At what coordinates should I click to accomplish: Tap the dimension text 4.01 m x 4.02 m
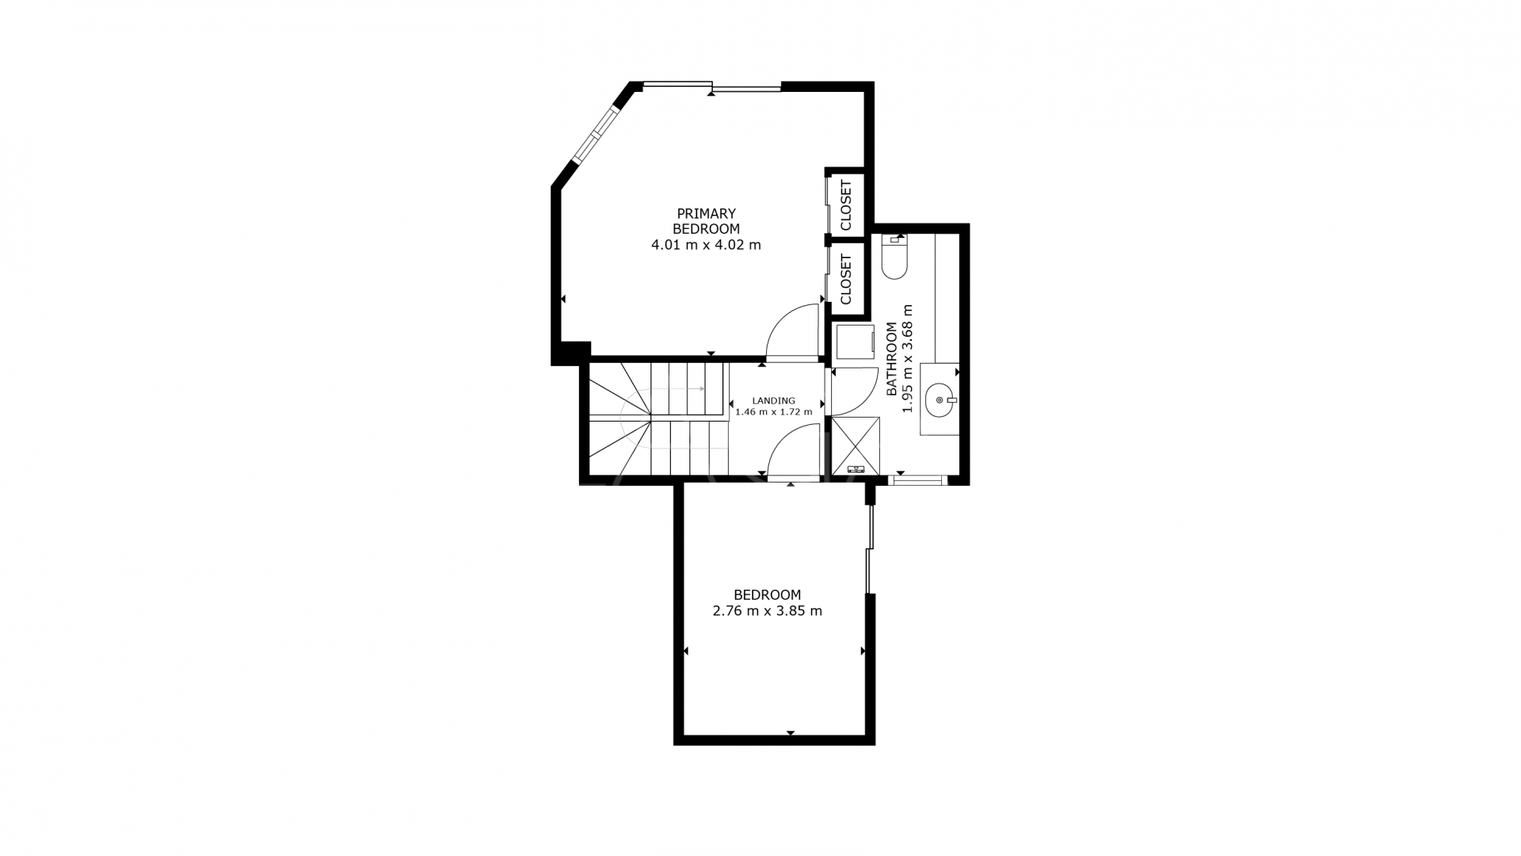(706, 245)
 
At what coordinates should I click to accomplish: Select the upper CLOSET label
(846, 205)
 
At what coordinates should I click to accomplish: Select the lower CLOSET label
(846, 279)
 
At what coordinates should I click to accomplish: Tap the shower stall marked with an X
(856, 445)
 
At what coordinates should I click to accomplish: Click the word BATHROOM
(892, 359)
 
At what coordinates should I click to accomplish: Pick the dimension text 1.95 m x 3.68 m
(909, 359)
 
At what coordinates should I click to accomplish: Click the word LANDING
(773, 401)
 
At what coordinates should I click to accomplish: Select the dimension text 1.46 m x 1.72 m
(773, 412)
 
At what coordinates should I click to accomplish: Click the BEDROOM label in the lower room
(767, 594)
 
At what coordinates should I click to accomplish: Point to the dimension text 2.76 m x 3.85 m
(767, 611)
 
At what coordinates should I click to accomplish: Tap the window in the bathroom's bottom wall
(917, 480)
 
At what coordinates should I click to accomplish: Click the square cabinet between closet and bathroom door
(855, 342)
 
